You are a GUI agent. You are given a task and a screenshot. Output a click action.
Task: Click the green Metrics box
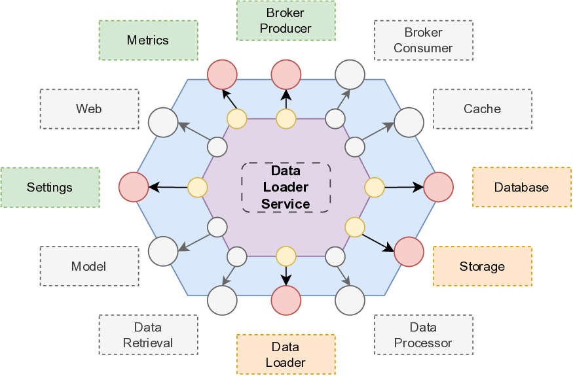148,41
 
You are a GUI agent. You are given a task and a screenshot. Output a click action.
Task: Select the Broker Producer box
286,21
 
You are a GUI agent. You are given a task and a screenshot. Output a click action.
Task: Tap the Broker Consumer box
423,41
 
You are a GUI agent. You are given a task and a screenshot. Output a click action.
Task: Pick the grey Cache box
482,109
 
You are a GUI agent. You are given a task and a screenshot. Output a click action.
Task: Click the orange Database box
521,188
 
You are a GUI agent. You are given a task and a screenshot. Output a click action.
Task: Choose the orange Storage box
482,266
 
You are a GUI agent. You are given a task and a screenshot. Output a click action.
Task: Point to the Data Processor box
423,335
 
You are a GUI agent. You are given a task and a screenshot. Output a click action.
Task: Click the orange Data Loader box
286,354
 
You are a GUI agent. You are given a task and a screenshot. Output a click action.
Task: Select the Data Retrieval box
148,335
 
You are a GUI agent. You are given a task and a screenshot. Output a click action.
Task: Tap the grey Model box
89,266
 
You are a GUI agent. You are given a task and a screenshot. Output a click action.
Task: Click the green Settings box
50,188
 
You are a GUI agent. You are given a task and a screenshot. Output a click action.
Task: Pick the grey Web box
89,109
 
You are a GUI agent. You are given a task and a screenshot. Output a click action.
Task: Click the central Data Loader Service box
286,187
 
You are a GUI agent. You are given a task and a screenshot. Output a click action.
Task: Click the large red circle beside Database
439,187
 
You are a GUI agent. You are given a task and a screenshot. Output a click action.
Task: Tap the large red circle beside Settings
134,187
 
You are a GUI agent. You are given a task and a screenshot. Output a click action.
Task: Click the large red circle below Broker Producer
286,75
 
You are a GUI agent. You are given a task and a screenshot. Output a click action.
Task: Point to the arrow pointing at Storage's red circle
379,242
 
